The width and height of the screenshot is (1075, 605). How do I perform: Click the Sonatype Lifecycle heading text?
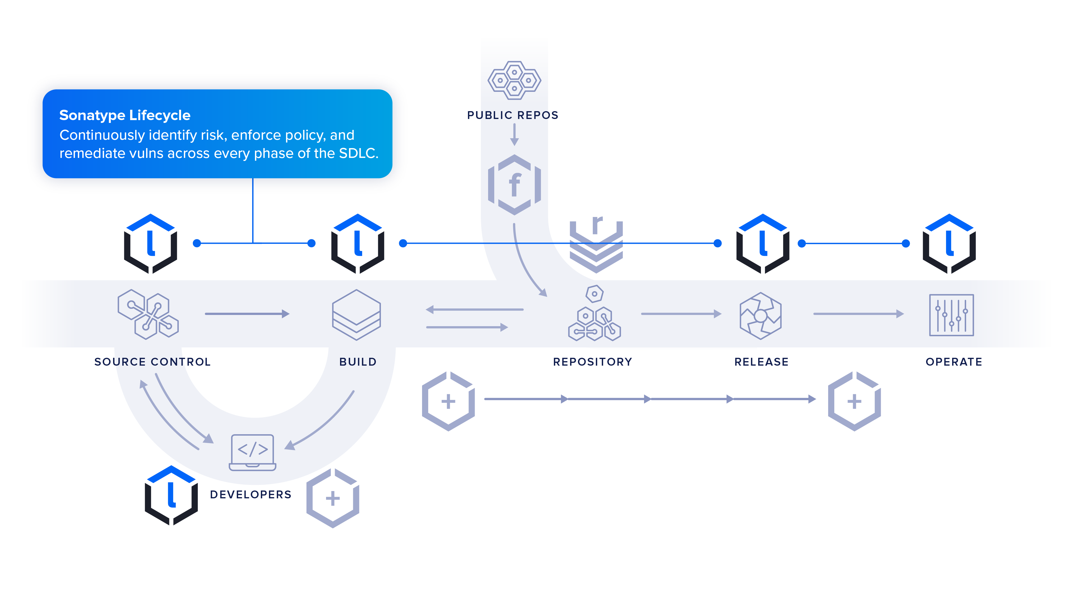pyautogui.click(x=125, y=115)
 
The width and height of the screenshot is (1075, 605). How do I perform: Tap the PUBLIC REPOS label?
pyautogui.click(x=512, y=115)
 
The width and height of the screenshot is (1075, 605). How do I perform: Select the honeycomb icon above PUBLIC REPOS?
pyautogui.click(x=514, y=80)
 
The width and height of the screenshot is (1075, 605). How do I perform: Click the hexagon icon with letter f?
pyautogui.click(x=514, y=184)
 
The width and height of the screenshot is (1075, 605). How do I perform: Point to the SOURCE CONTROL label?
pyautogui.click(x=152, y=362)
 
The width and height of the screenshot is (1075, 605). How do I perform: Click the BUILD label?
pyautogui.click(x=358, y=362)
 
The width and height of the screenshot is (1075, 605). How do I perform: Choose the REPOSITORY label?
pyautogui.click(x=592, y=362)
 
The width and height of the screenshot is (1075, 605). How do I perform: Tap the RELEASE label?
pyautogui.click(x=761, y=362)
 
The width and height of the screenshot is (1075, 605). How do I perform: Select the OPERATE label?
pyautogui.click(x=954, y=362)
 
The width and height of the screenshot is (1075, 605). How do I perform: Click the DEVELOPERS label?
pyautogui.click(x=250, y=494)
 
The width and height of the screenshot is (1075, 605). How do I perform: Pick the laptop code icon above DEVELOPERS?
pyautogui.click(x=252, y=452)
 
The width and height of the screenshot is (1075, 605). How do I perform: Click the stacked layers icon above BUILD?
pyautogui.click(x=356, y=314)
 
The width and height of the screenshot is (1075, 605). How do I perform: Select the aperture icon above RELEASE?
pyautogui.click(x=760, y=315)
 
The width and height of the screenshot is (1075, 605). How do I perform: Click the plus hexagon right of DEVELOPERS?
pyautogui.click(x=332, y=498)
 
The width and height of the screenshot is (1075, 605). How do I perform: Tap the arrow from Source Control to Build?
pyautogui.click(x=247, y=314)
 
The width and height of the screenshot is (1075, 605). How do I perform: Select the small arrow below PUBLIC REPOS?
pyautogui.click(x=514, y=134)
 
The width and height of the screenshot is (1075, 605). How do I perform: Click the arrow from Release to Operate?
pyautogui.click(x=858, y=314)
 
